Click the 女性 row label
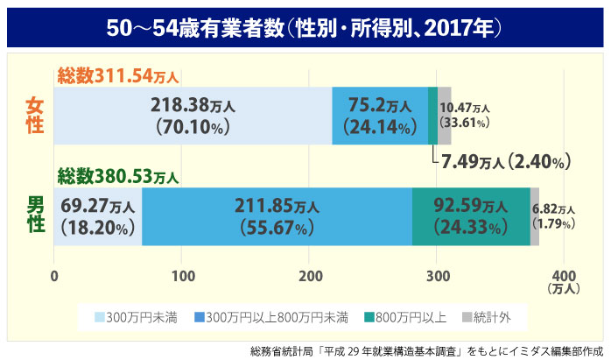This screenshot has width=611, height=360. [x=34, y=115]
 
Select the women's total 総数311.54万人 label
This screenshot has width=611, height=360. [x=123, y=76]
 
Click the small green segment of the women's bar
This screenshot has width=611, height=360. [x=432, y=116]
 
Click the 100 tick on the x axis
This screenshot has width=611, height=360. [x=183, y=278]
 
